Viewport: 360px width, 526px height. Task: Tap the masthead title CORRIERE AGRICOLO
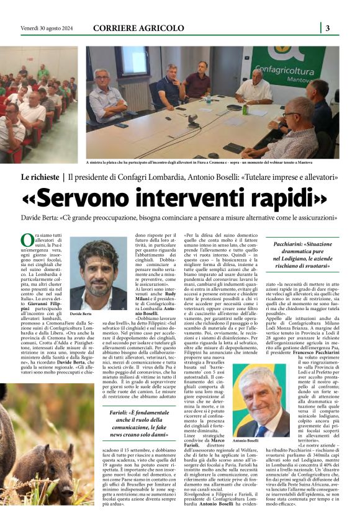[x=138, y=28]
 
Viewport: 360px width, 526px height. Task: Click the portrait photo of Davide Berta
[x=98, y=274]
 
